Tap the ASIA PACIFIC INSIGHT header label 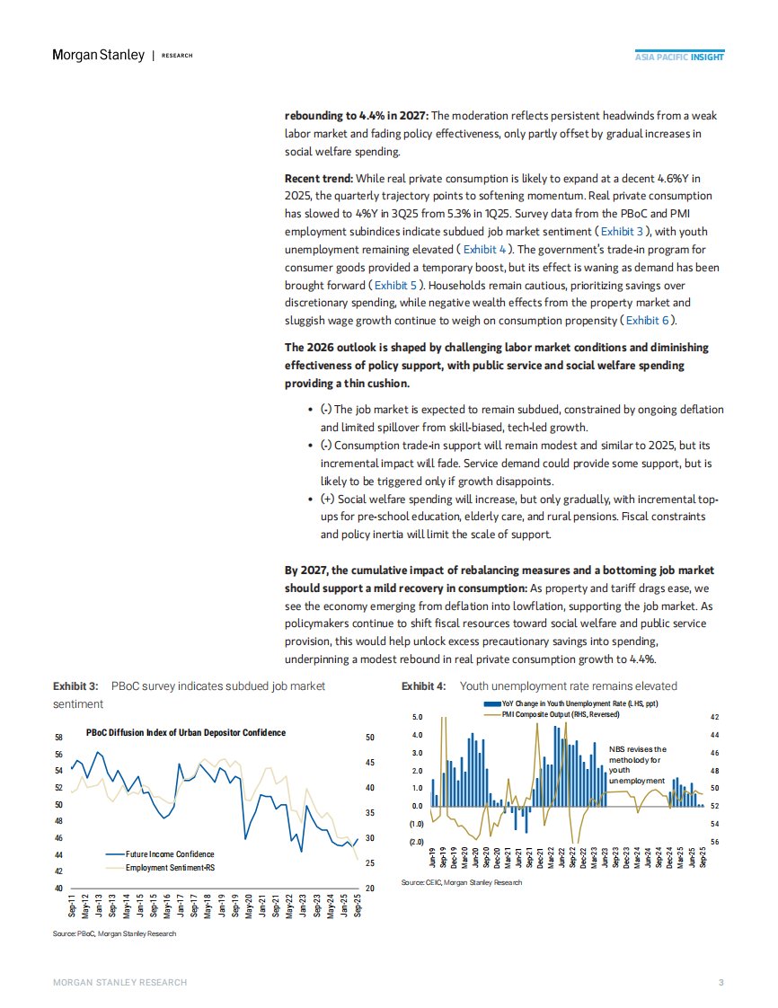click(x=679, y=57)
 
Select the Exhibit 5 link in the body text click(x=394, y=284)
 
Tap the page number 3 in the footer click(x=721, y=982)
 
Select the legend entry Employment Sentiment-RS click(x=170, y=867)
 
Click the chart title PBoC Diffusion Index click(x=186, y=732)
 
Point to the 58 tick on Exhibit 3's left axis click(x=58, y=738)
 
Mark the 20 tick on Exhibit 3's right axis click(x=368, y=889)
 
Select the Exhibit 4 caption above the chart click(x=539, y=686)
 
